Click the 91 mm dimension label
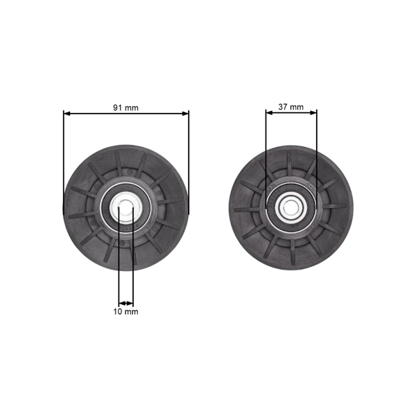coord(125,107)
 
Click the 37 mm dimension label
coord(291,107)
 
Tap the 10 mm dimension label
coord(125,311)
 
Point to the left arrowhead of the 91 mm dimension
coord(67,114)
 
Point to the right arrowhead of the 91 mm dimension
coord(185,114)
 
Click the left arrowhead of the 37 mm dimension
coord(270,113)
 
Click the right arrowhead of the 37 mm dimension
coord(313,113)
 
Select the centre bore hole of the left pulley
coord(125,207)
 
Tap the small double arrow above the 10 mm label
coord(125,303)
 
